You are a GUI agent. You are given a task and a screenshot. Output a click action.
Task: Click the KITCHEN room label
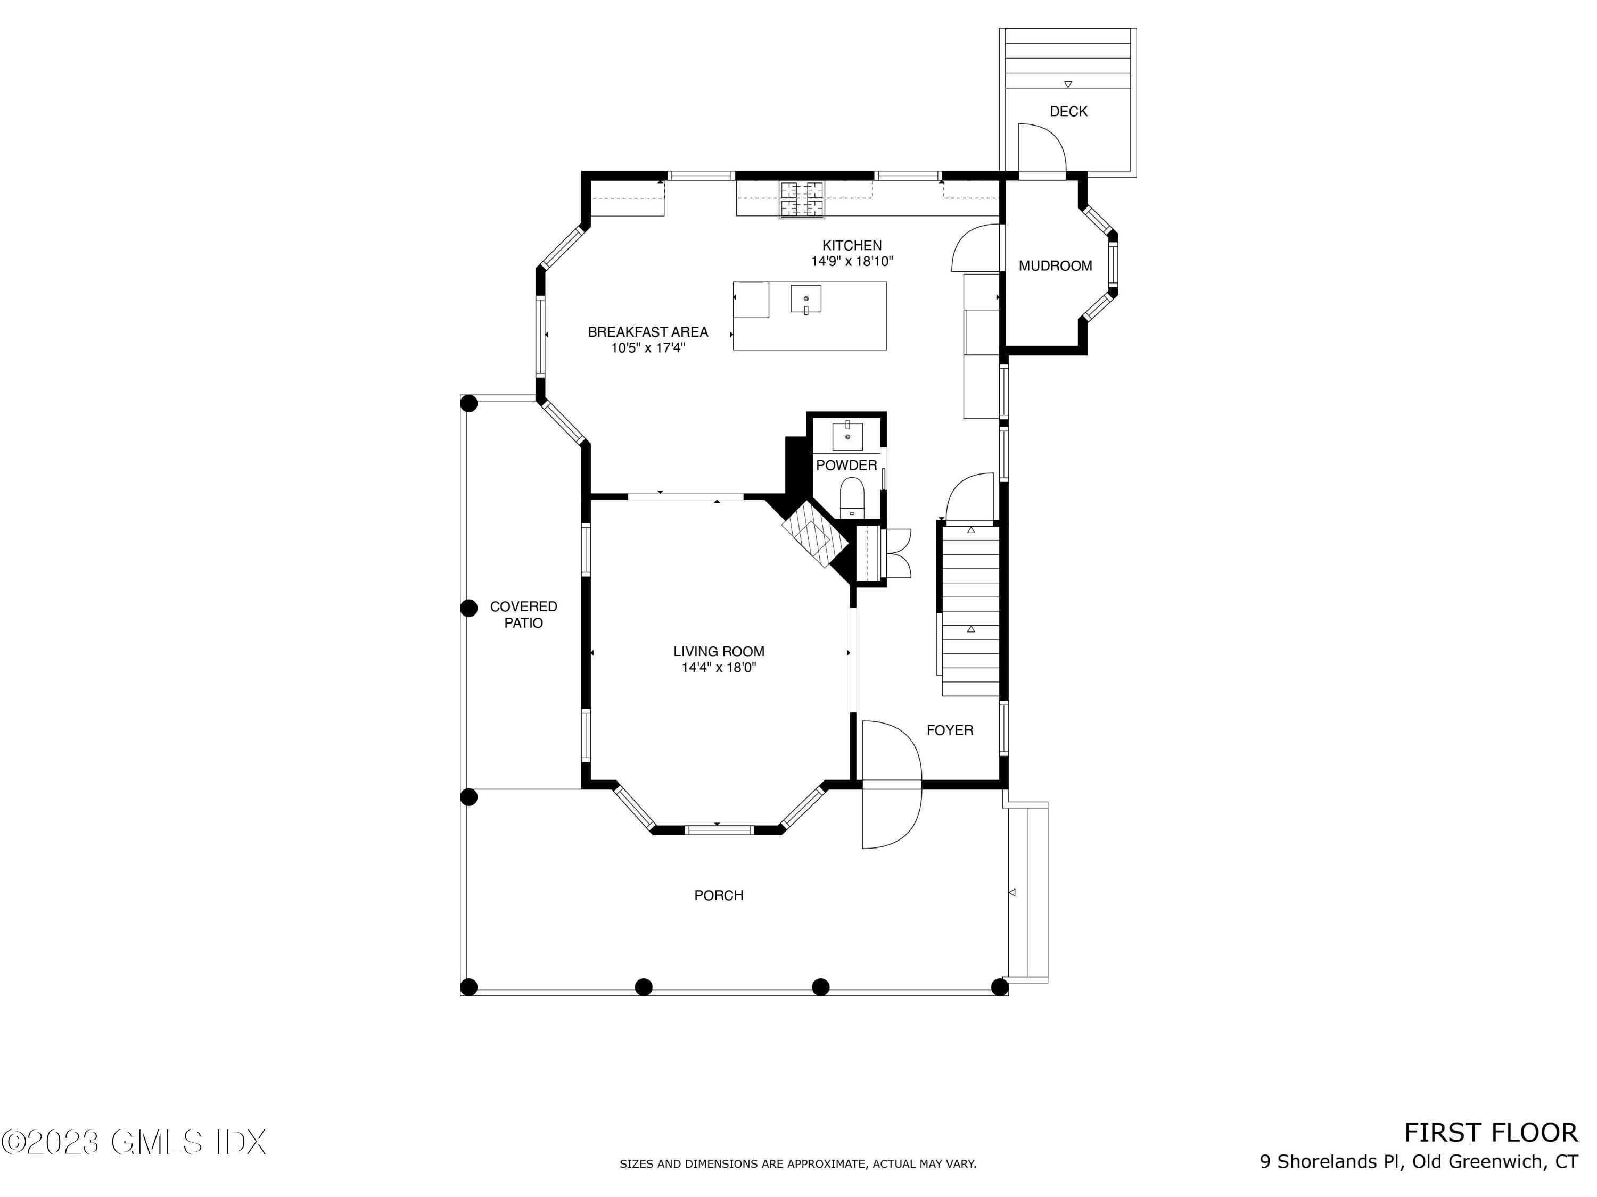tap(852, 245)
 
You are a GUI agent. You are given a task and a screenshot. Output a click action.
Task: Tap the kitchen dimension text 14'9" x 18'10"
tap(852, 262)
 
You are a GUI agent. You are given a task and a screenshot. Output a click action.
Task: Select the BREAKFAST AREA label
tap(648, 332)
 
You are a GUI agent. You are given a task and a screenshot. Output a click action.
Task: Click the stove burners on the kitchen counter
tap(801, 199)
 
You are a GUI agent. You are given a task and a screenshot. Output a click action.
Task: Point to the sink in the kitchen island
tap(806, 298)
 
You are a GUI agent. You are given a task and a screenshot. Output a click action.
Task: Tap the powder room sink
tap(847, 437)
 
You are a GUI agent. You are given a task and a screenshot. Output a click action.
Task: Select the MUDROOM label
tap(1055, 266)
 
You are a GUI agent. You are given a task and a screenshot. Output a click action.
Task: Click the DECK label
tap(1068, 111)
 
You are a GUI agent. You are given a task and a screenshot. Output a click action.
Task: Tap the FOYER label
tap(949, 730)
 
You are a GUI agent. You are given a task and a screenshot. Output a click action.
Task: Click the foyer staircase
tap(970, 610)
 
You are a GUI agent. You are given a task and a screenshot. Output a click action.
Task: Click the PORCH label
tap(718, 895)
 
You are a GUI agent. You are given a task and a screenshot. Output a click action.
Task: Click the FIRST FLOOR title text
tap(1490, 1133)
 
